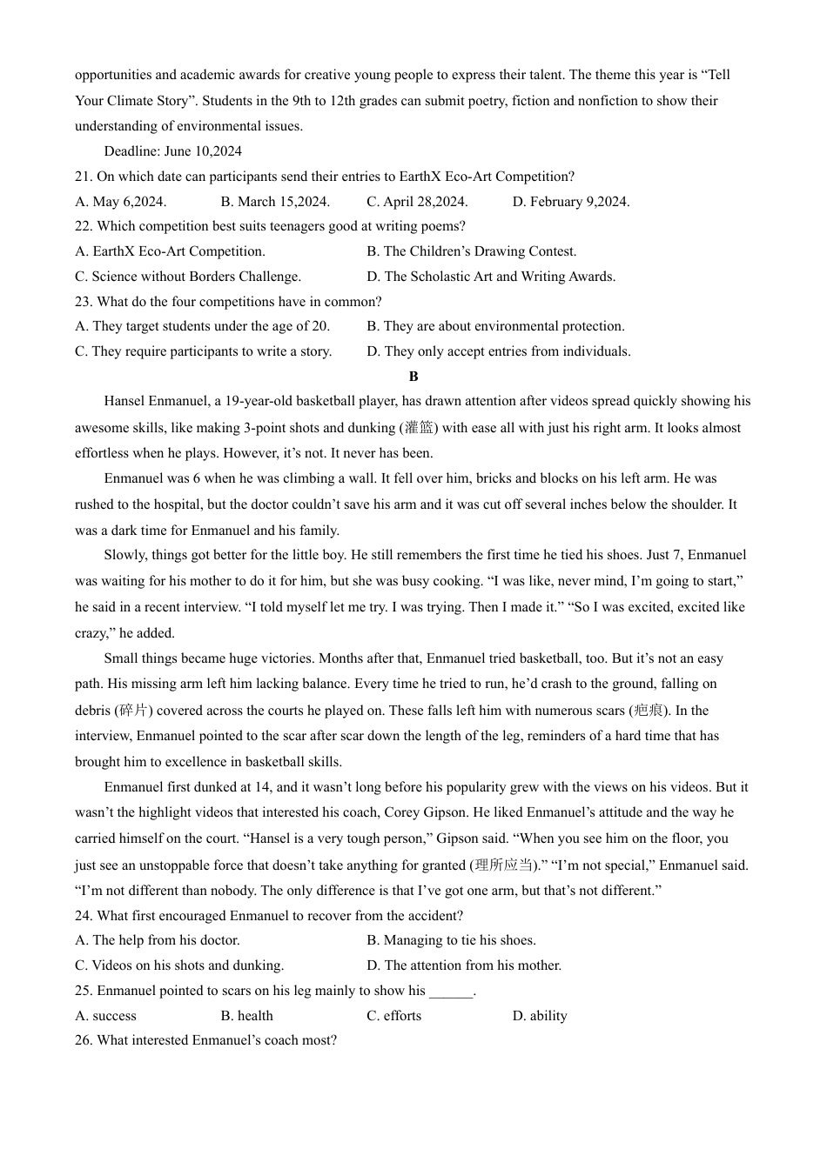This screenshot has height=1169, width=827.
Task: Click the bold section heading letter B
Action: pos(413,377)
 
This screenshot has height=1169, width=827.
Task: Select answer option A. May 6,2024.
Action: pos(120,202)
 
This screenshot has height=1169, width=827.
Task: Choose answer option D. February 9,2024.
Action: pos(570,202)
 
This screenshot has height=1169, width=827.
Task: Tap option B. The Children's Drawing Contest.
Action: pos(471,251)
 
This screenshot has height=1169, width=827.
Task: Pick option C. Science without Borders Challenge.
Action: pos(188,277)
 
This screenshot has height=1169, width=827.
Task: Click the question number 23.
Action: pos(83,302)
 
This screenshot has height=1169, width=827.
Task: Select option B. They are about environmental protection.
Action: pos(495,326)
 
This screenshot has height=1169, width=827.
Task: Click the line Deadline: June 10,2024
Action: pos(172,151)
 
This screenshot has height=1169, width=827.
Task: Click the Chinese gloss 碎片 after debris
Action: pos(134,711)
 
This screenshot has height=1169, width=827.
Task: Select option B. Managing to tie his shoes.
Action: pos(451,940)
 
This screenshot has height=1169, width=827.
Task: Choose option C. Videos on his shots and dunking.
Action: pos(179,965)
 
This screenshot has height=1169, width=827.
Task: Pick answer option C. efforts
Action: pos(393,1016)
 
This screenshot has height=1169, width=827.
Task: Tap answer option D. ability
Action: pos(540,1016)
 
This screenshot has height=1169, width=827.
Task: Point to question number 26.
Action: pos(83,1040)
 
